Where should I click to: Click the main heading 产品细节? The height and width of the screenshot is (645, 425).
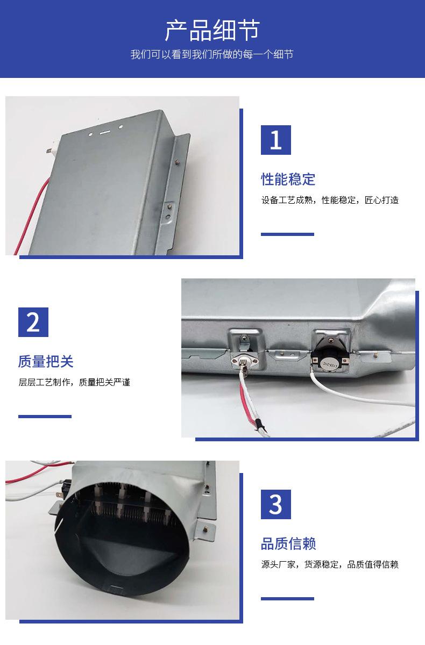pos(212,30)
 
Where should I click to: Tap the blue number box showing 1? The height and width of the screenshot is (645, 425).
pos(276,140)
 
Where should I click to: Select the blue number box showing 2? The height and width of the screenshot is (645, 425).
pos(33,322)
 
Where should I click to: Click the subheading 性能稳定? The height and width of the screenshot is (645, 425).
pos(288,179)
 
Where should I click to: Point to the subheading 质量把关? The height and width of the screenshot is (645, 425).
pos(46,361)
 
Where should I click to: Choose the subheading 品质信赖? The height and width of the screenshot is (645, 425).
pos(288,543)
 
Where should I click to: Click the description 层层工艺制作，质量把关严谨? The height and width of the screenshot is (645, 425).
pos(74,382)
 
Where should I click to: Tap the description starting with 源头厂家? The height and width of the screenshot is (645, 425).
pos(330,564)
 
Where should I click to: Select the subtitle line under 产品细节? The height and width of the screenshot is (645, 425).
pos(212,54)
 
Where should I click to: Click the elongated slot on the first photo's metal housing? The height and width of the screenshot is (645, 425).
pos(105,133)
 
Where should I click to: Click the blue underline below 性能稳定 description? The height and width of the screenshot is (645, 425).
pos(287,234)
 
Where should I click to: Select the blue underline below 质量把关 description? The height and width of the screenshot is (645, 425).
pos(45,417)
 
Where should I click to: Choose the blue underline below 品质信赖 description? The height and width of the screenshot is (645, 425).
pos(287,599)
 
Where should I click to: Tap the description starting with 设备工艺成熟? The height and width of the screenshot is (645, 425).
pos(330,200)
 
